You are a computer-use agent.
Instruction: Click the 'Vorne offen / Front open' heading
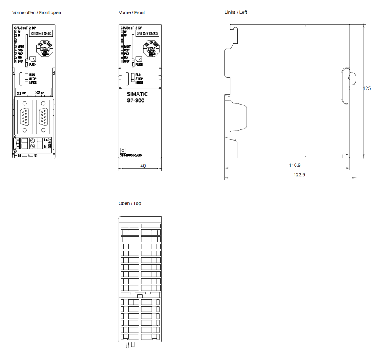click(36, 13)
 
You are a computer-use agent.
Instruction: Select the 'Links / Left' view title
click(235, 12)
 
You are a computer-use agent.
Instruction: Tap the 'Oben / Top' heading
click(129, 203)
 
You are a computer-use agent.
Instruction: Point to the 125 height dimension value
click(367, 88)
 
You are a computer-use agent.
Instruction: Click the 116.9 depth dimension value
click(295, 165)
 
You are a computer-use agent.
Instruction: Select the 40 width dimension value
click(143, 166)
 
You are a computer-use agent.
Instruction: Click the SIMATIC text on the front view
click(137, 94)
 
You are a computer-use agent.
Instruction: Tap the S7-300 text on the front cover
click(136, 101)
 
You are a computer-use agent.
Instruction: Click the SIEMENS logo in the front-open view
click(41, 34)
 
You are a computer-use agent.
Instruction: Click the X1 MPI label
click(21, 93)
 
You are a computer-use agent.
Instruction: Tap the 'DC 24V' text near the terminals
click(50, 144)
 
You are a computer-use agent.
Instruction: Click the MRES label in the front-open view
click(33, 83)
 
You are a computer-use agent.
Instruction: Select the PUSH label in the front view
click(139, 65)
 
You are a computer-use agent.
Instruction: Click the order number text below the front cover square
click(131, 156)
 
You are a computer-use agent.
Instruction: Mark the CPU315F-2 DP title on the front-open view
click(25, 28)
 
